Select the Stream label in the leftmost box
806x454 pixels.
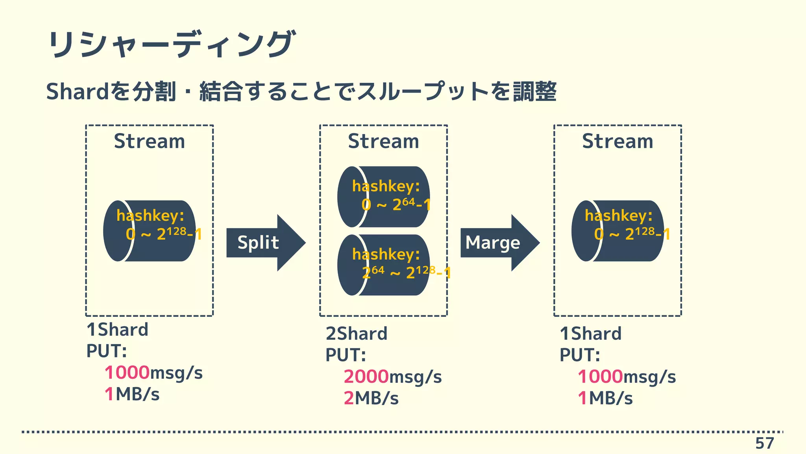(x=149, y=141)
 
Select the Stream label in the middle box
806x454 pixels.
(x=383, y=141)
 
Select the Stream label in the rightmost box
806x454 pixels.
(x=617, y=141)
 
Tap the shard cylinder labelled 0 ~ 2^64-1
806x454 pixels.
(x=383, y=197)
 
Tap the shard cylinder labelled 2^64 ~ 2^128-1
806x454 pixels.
(x=383, y=265)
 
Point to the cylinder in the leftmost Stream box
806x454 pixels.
(x=149, y=231)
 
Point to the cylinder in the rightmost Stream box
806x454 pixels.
(x=617, y=231)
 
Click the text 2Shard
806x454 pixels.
(x=356, y=334)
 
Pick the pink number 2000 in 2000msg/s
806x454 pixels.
(x=366, y=377)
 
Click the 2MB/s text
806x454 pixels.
(x=371, y=398)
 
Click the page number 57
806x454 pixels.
(x=764, y=443)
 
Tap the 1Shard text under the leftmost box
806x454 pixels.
(x=117, y=330)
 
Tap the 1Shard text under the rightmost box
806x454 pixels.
(x=590, y=334)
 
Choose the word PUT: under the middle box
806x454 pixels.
(x=346, y=355)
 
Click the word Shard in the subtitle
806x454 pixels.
(x=77, y=91)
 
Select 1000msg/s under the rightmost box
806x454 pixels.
(x=627, y=377)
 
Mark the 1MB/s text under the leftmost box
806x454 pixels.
(x=132, y=394)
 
